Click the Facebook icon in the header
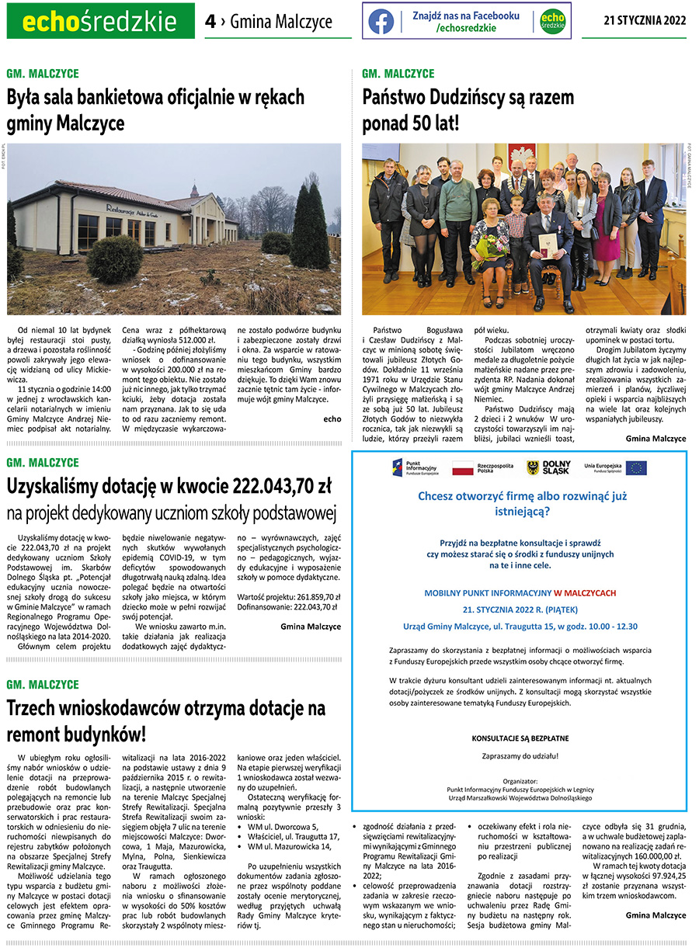point(381,22)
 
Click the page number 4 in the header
point(210,22)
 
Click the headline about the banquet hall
point(155,110)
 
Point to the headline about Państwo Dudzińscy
point(468,110)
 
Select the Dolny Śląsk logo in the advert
point(548,467)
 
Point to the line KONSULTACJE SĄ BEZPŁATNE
point(520,738)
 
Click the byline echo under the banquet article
point(332,418)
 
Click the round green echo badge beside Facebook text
point(553,22)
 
